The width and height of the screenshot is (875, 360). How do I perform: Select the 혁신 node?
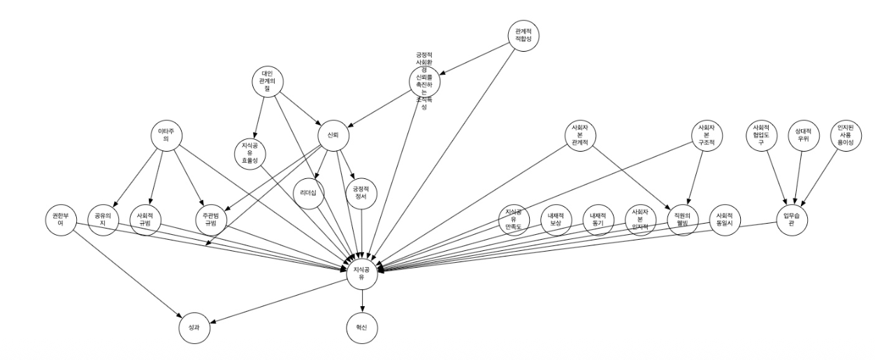[x=362, y=327]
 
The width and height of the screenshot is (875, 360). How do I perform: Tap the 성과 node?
[x=194, y=327]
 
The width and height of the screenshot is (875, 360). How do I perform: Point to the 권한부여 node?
[x=59, y=219]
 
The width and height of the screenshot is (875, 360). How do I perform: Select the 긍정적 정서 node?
[x=361, y=193]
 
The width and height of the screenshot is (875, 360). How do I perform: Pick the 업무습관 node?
[x=793, y=219]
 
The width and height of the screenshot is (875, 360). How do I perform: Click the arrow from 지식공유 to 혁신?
[x=362, y=300]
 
